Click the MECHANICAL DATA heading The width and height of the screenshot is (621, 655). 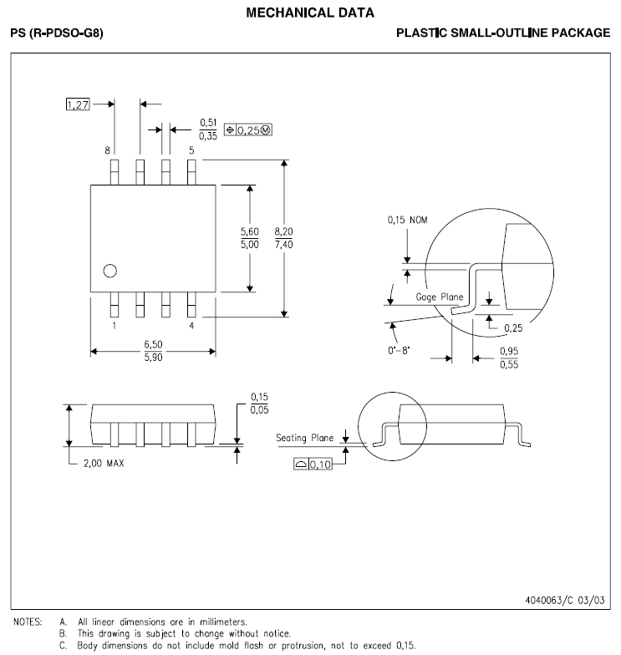pyautogui.click(x=310, y=13)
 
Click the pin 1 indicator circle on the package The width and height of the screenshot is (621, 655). pyautogui.click(x=109, y=271)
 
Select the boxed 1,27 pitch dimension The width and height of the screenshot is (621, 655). pyautogui.click(x=76, y=104)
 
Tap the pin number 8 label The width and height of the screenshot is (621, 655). pyautogui.click(x=107, y=150)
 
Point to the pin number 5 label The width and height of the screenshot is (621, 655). pyautogui.click(x=191, y=150)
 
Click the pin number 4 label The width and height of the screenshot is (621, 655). pyautogui.click(x=191, y=326)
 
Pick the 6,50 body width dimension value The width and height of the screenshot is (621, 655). pyautogui.click(x=153, y=344)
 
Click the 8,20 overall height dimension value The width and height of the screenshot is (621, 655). pyautogui.click(x=284, y=231)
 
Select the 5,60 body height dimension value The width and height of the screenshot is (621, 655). pyautogui.click(x=249, y=231)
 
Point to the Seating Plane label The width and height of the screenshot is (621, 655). pyautogui.click(x=305, y=437)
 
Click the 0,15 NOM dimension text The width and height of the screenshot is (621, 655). pyautogui.click(x=407, y=221)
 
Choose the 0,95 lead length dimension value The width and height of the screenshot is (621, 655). pyautogui.click(x=508, y=352)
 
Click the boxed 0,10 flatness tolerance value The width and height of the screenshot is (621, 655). pyautogui.click(x=321, y=465)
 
